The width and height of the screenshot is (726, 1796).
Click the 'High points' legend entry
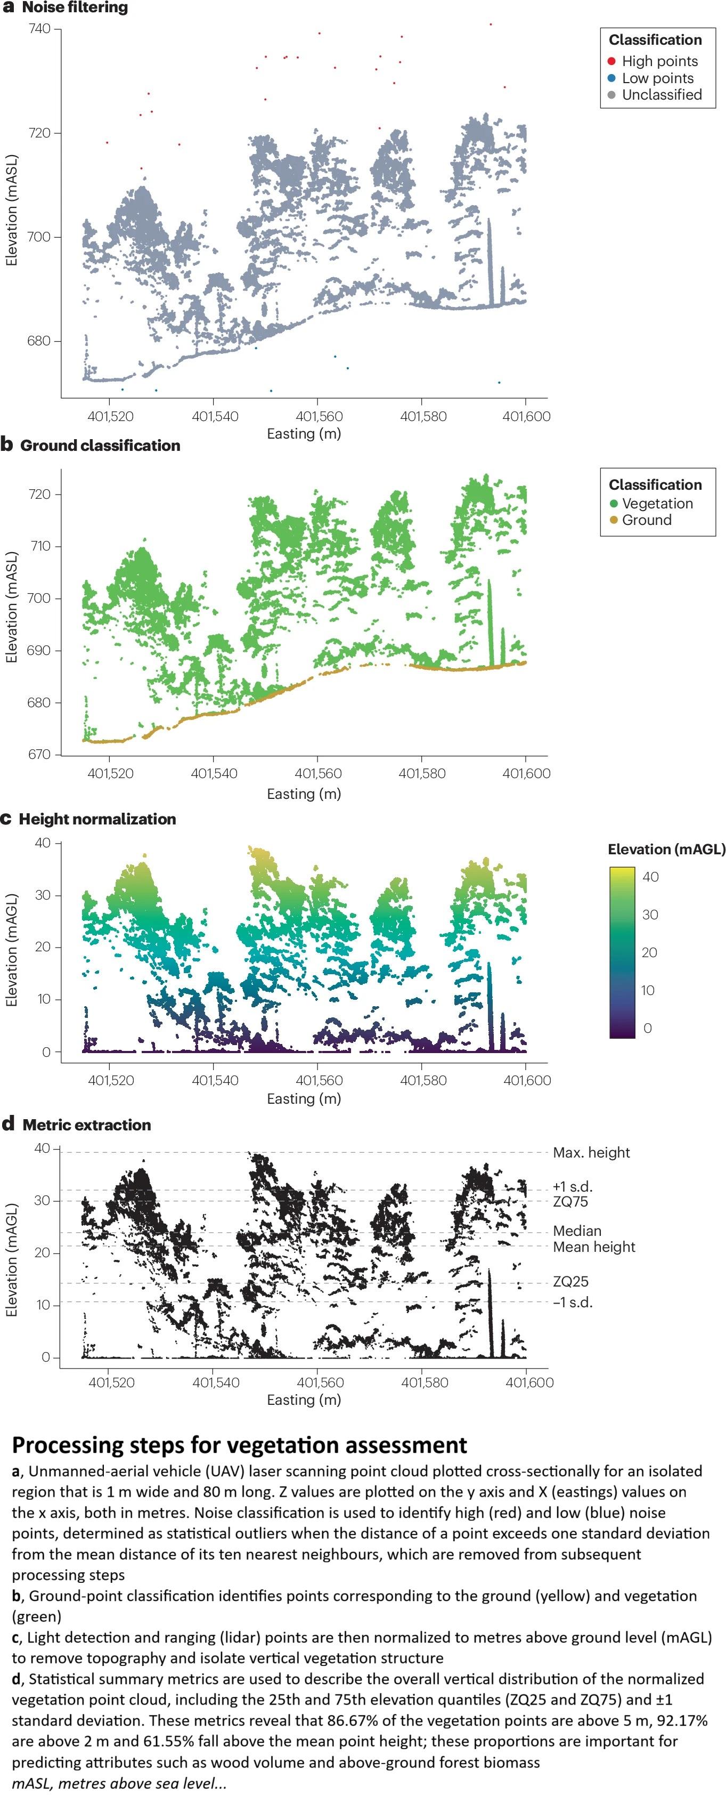click(659, 61)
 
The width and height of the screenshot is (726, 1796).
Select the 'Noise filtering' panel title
click(75, 7)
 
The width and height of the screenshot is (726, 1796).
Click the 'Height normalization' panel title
click(97, 819)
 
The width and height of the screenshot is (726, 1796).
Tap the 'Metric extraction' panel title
click(86, 1124)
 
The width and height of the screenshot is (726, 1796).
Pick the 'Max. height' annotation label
click(591, 1153)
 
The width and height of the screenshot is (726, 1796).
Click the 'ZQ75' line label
click(570, 1201)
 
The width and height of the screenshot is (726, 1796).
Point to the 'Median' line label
click(577, 1231)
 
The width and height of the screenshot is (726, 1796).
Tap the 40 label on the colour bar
click(650, 877)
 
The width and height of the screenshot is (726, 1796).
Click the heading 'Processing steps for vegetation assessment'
click(239, 1445)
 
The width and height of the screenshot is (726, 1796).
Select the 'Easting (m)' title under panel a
click(304, 434)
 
